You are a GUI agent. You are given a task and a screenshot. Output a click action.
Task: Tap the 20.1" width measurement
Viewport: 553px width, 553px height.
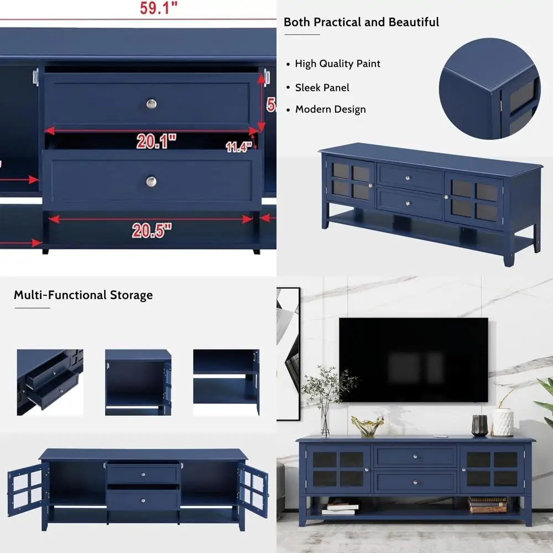[156, 142]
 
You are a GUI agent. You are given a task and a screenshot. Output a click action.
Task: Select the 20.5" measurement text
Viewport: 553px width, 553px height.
[152, 229]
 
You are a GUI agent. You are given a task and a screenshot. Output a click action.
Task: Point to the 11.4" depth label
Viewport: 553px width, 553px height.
[239, 147]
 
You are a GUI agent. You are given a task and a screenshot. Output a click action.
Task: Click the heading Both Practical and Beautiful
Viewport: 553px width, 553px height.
[361, 22]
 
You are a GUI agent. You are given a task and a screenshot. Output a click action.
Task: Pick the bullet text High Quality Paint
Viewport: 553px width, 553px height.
[337, 64]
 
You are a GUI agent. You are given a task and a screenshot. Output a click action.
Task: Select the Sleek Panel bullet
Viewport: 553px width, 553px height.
[322, 87]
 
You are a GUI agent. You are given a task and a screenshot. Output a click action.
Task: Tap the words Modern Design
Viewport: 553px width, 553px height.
[330, 109]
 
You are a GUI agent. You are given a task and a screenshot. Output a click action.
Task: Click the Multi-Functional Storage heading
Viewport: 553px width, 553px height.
[83, 295]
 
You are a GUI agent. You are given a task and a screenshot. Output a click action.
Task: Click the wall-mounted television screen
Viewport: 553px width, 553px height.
[413, 359]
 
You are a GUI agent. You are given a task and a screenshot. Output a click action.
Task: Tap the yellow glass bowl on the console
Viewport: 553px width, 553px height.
[367, 426]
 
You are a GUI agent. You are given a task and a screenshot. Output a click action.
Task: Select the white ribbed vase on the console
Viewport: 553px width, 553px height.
[503, 422]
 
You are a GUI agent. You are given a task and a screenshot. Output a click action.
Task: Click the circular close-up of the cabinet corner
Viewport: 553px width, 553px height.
[489, 88]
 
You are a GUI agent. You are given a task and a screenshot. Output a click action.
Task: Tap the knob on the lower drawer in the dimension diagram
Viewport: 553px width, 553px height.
[152, 181]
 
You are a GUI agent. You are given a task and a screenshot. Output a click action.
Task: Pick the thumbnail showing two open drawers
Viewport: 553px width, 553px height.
[50, 382]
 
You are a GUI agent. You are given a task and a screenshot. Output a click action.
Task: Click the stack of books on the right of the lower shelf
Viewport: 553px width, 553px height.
[487, 504]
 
